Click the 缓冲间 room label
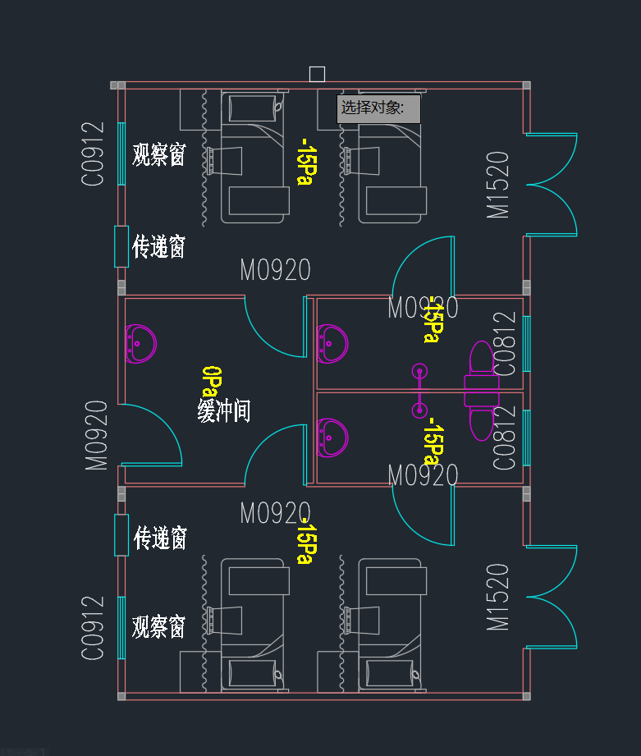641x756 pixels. click(x=223, y=410)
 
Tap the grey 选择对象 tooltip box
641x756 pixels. click(x=378, y=108)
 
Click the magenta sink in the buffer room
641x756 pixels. click(x=140, y=344)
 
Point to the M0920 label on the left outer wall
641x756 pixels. click(x=97, y=435)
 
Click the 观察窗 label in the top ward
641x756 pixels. click(x=158, y=154)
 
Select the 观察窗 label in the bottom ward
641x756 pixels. click(x=158, y=627)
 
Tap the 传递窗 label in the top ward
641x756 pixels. click(x=159, y=246)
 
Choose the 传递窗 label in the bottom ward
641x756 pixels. click(x=160, y=538)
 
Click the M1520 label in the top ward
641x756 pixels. click(x=498, y=185)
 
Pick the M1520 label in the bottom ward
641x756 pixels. click(x=498, y=597)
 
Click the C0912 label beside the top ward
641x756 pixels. click(x=94, y=153)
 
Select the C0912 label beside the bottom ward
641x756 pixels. click(x=94, y=628)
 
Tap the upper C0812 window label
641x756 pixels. click(x=506, y=344)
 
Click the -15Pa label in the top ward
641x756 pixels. click(x=304, y=162)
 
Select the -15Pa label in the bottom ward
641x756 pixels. click(x=304, y=541)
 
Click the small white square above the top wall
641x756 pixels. click(x=317, y=74)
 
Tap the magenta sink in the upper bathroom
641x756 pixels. click(x=332, y=342)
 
